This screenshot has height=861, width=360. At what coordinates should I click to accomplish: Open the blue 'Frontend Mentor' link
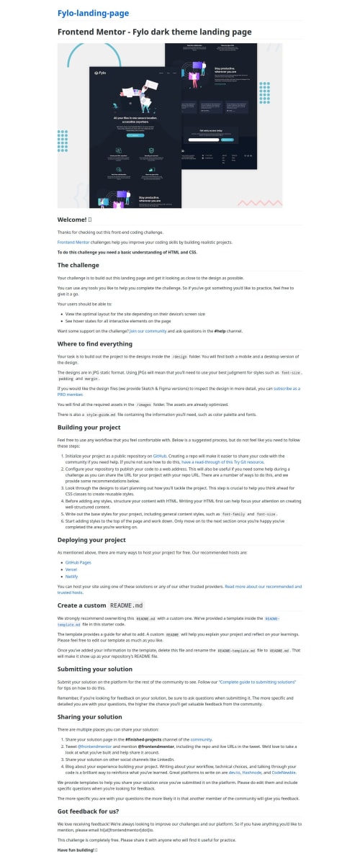73,243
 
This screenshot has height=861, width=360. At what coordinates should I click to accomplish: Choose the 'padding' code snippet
66,378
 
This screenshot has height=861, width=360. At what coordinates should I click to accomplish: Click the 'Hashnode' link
253,766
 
